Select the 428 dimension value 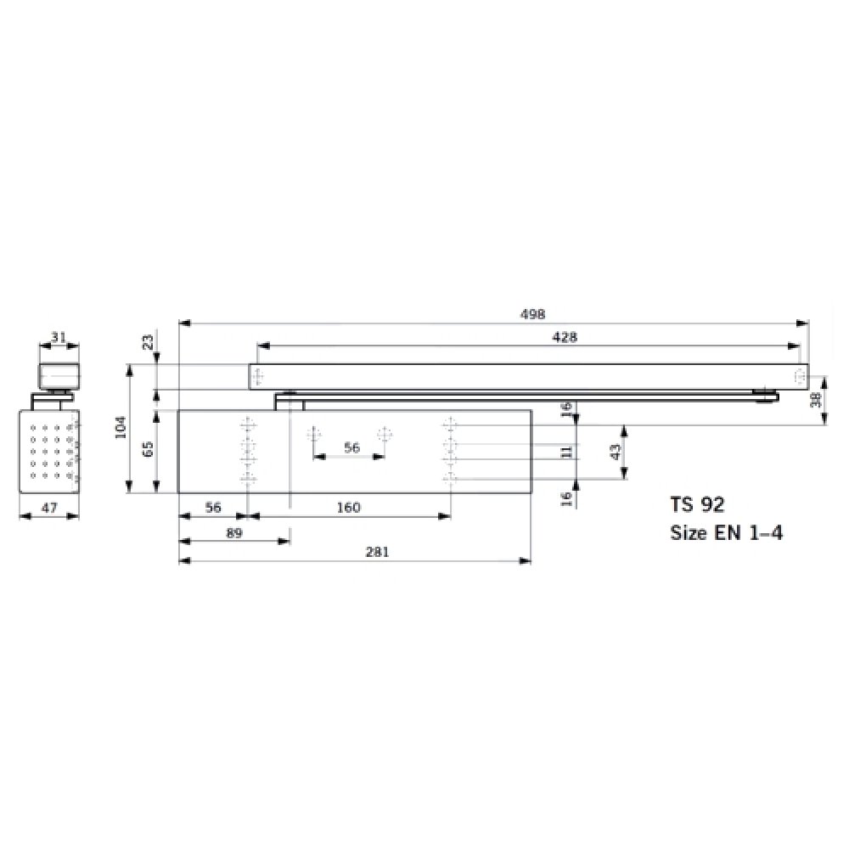click(x=564, y=337)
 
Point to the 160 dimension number click(x=348, y=508)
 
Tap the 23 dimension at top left click(x=148, y=342)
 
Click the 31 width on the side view click(x=59, y=337)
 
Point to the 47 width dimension click(x=49, y=508)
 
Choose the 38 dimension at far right click(x=817, y=399)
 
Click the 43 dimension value click(x=616, y=452)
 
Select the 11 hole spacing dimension click(x=566, y=452)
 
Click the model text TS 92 click(x=697, y=504)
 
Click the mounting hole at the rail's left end click(x=260, y=376)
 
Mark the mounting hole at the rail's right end click(x=798, y=376)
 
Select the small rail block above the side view click(x=59, y=374)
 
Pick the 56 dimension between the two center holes click(x=351, y=447)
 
